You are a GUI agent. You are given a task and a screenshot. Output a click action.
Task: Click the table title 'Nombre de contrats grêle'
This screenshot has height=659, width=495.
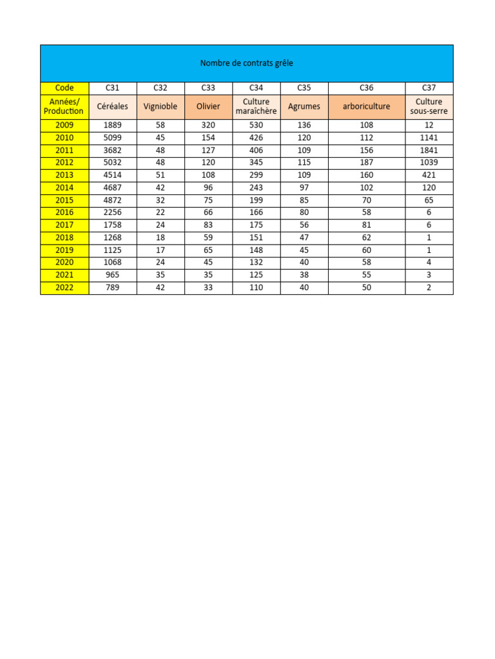pyautogui.click(x=247, y=63)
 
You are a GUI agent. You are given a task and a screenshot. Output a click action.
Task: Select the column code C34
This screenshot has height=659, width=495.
pyautogui.click(x=256, y=88)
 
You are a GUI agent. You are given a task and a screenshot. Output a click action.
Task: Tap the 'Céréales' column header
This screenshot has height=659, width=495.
pyautogui.click(x=112, y=106)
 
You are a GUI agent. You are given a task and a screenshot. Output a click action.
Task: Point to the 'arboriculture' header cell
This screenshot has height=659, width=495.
pyautogui.click(x=366, y=106)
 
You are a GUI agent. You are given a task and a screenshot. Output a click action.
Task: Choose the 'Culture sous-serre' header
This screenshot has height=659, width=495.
pyautogui.click(x=429, y=106)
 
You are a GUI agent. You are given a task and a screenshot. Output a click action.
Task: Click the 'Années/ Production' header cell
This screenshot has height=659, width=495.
pyautogui.click(x=64, y=106)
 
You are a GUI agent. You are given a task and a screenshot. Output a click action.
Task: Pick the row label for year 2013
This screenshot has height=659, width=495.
pyautogui.click(x=64, y=175)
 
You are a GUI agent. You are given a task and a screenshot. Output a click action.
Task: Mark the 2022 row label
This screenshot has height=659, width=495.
pyautogui.click(x=64, y=288)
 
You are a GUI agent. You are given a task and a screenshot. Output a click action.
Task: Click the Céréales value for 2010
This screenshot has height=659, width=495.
pyautogui.click(x=112, y=138)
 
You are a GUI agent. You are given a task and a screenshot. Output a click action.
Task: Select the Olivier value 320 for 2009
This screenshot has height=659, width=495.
pyautogui.click(x=208, y=125)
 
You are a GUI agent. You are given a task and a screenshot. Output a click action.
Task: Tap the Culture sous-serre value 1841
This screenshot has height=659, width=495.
pyautogui.click(x=429, y=150)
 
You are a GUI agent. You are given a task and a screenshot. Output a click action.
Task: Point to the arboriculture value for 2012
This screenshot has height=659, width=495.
pyautogui.click(x=366, y=163)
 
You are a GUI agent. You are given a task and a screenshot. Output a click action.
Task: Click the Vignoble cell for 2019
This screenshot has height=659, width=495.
pyautogui.click(x=160, y=250)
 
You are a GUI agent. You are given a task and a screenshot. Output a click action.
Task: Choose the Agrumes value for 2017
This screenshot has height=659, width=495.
pyautogui.click(x=304, y=225)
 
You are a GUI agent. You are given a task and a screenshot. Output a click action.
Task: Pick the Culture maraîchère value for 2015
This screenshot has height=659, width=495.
pyautogui.click(x=256, y=200)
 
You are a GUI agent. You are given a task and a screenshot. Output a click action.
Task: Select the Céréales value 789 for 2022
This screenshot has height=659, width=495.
pyautogui.click(x=112, y=288)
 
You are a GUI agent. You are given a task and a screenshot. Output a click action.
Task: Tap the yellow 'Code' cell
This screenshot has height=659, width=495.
pyautogui.click(x=64, y=88)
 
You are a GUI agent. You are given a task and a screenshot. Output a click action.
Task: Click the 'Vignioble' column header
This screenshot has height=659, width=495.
pyautogui.click(x=160, y=106)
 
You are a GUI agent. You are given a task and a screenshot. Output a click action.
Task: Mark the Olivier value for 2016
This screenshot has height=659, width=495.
pyautogui.click(x=208, y=212)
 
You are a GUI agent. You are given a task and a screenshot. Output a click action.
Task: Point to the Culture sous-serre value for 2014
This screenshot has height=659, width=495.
pyautogui.click(x=429, y=188)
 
